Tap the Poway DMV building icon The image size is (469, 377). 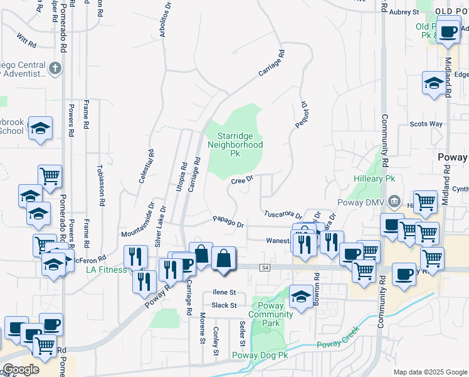(x=394, y=202)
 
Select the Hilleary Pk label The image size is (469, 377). (x=373, y=179)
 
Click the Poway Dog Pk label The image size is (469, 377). (x=260, y=355)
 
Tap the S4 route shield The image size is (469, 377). (x=265, y=268)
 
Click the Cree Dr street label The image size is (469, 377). (x=241, y=180)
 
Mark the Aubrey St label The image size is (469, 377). (x=404, y=12)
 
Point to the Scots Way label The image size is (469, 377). (x=426, y=124)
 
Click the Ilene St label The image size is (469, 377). (x=224, y=292)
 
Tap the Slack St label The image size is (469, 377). (x=223, y=305)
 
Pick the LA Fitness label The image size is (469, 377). (x=106, y=270)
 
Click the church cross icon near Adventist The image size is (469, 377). (x=55, y=67)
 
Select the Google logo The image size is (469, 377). (x=21, y=369)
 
